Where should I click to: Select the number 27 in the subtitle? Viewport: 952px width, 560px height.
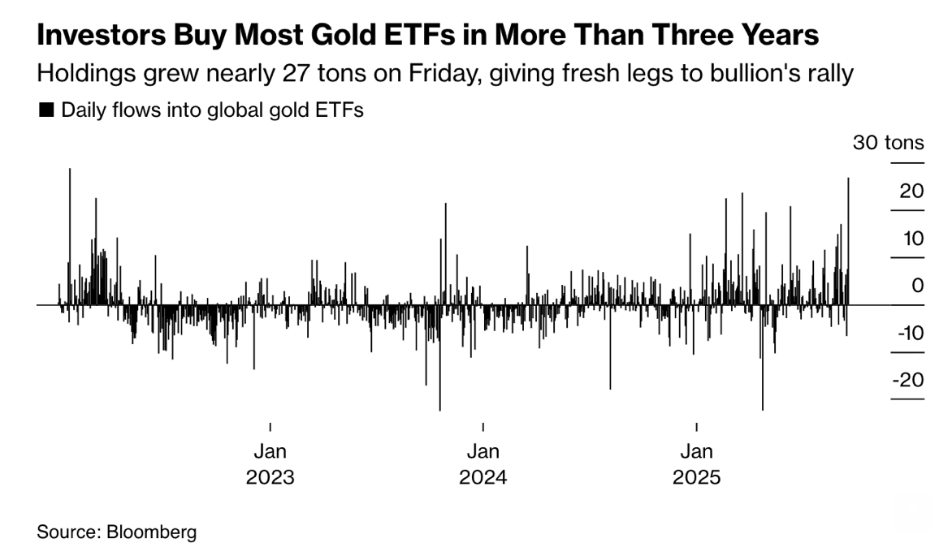pyautogui.click(x=306, y=74)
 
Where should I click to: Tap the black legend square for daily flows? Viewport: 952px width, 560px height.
pyautogui.click(x=46, y=110)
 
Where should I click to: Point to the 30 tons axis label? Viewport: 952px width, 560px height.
pyautogui.click(x=888, y=143)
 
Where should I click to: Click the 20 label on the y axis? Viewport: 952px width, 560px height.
pyautogui.click(x=911, y=191)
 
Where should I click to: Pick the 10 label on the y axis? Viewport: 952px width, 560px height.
pyautogui.click(x=911, y=239)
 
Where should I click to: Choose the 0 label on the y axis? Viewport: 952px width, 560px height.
pyautogui.click(x=918, y=286)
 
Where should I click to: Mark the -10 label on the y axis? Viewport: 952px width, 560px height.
pyautogui.click(x=908, y=333)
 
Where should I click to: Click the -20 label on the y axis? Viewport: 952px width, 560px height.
pyautogui.click(x=908, y=380)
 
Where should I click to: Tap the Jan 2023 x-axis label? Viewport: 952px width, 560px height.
pyautogui.click(x=270, y=463)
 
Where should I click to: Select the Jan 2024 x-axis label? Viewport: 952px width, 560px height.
pyautogui.click(x=482, y=463)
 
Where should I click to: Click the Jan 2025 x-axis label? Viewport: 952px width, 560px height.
pyautogui.click(x=696, y=463)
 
